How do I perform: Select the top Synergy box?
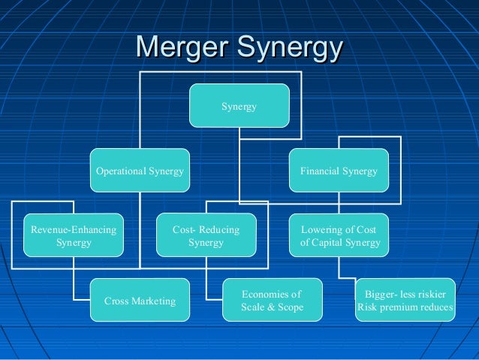(x=239, y=106)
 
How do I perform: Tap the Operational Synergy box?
(x=140, y=171)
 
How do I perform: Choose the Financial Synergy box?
(x=339, y=171)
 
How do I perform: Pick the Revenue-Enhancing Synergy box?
(x=74, y=236)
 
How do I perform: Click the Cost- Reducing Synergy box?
(x=206, y=236)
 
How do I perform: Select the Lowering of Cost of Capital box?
(x=339, y=236)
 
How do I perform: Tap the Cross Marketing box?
(x=140, y=301)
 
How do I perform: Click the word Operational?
(x=123, y=171)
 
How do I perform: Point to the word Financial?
(x=321, y=171)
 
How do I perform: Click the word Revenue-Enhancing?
(x=74, y=229)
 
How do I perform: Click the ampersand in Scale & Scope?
(x=271, y=307)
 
